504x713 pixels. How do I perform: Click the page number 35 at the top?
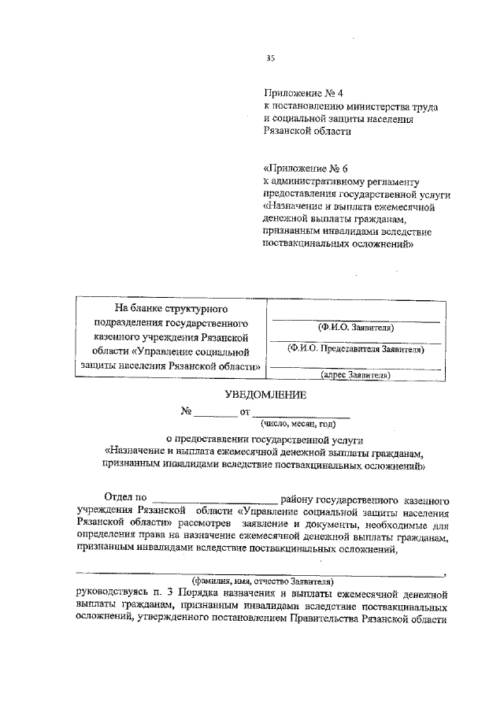271,58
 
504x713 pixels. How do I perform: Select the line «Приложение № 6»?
306,169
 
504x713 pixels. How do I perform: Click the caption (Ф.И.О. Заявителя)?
356,327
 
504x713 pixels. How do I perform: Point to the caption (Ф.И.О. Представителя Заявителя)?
356,348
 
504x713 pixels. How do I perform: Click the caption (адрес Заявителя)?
356,376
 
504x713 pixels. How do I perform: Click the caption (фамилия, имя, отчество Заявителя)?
263,581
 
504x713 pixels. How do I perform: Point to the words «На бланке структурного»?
171,308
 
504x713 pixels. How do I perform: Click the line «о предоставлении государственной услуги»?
265,439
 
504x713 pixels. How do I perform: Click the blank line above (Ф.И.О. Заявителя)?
356,320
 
